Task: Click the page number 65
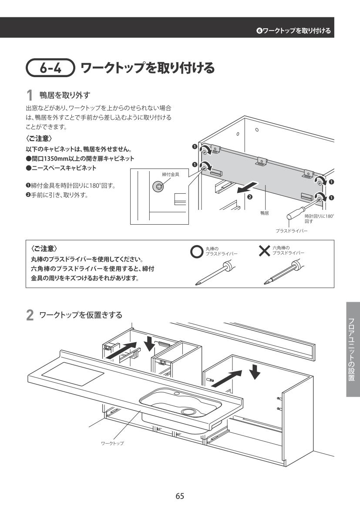tap(180, 496)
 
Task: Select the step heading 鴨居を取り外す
tap(65, 94)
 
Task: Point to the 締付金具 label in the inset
tap(170, 174)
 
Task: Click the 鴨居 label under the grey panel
tap(265, 213)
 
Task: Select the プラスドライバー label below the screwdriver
tap(291, 231)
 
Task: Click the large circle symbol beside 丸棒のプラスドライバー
tap(197, 252)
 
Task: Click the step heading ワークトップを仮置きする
tap(81, 314)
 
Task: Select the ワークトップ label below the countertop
tap(112, 443)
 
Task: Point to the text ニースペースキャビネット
tap(64, 168)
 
